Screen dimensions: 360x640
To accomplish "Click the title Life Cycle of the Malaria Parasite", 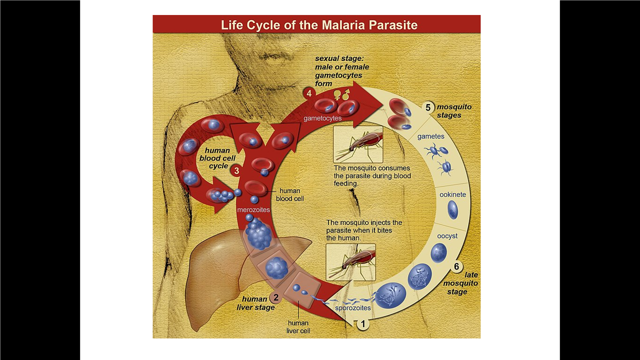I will tap(319, 25).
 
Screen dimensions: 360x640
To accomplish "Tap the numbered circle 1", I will tap(363, 324).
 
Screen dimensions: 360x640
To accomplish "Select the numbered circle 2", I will tap(275, 298).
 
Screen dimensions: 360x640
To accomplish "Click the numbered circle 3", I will tap(236, 170).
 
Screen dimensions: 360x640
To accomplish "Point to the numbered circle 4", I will tap(309, 93).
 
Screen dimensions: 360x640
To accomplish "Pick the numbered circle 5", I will tap(428, 107).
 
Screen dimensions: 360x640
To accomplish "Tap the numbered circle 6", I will tap(456, 267).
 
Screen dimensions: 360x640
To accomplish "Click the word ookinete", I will tap(452, 194).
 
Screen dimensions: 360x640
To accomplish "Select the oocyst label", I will tap(447, 236).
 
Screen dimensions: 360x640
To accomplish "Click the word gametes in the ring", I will tap(430, 136).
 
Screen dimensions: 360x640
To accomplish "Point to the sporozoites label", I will tap(353, 308).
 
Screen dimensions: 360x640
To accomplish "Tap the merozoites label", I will tap(253, 209).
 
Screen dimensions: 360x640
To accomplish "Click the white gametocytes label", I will tap(322, 118).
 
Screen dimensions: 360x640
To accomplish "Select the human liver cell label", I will tap(298, 326).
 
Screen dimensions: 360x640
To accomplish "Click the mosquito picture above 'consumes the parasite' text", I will tap(358, 144).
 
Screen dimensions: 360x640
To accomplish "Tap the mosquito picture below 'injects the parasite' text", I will tap(350, 262).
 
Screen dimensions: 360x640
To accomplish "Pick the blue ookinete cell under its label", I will tap(452, 210).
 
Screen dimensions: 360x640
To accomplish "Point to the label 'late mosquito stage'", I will tap(460, 283).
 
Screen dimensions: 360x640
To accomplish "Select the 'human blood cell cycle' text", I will tap(218, 158).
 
